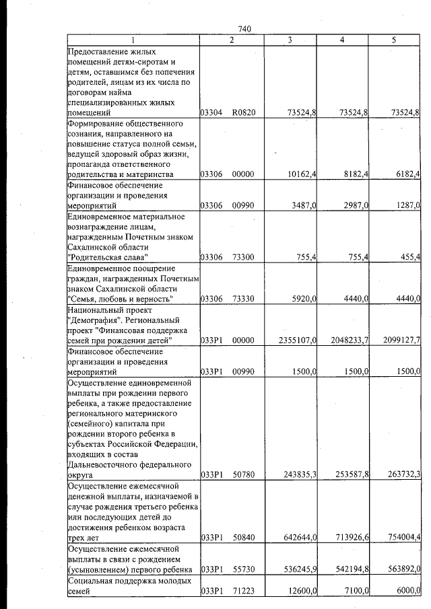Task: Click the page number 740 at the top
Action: pos(244,28)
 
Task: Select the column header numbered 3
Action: pos(289,40)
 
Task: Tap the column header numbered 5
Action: pos(393,40)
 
